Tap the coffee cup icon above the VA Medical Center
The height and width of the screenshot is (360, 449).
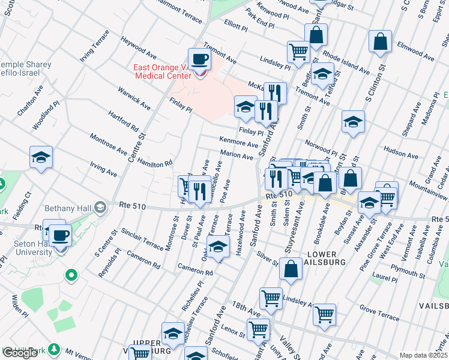(200, 59)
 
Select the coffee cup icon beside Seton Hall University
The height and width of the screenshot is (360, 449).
(60, 235)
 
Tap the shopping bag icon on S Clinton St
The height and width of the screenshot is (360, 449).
(380, 42)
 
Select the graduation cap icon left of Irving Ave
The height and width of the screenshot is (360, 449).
(41, 158)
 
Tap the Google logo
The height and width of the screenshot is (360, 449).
(20, 352)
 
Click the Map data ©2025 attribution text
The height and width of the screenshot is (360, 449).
(423, 355)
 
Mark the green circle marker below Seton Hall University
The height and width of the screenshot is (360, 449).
(71, 276)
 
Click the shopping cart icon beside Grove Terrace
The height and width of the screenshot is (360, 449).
(324, 314)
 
